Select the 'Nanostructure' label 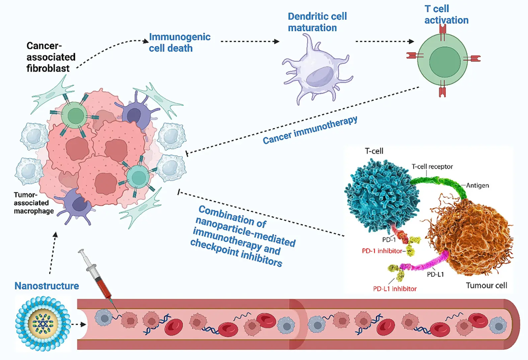47,286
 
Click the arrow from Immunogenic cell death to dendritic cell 250,41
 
